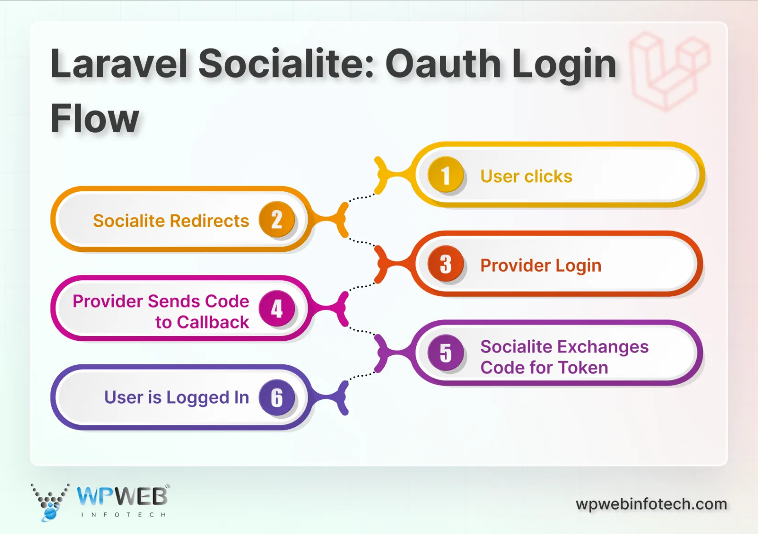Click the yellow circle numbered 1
pyautogui.click(x=445, y=175)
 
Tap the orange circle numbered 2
pyautogui.click(x=277, y=219)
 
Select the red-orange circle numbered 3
pyautogui.click(x=445, y=264)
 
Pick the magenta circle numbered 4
pyautogui.click(x=277, y=308)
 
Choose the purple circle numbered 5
pyautogui.click(x=445, y=353)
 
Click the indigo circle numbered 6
pyautogui.click(x=277, y=397)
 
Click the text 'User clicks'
pyautogui.click(x=526, y=176)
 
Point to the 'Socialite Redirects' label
pyautogui.click(x=171, y=221)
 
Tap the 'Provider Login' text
pyautogui.click(x=540, y=265)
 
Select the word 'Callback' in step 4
pyautogui.click(x=213, y=322)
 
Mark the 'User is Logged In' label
pyautogui.click(x=177, y=397)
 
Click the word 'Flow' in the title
pyautogui.click(x=94, y=118)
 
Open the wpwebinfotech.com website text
pyautogui.click(x=651, y=504)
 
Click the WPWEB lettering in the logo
pyautogui.click(x=122, y=496)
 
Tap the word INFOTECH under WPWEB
pyautogui.click(x=123, y=515)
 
